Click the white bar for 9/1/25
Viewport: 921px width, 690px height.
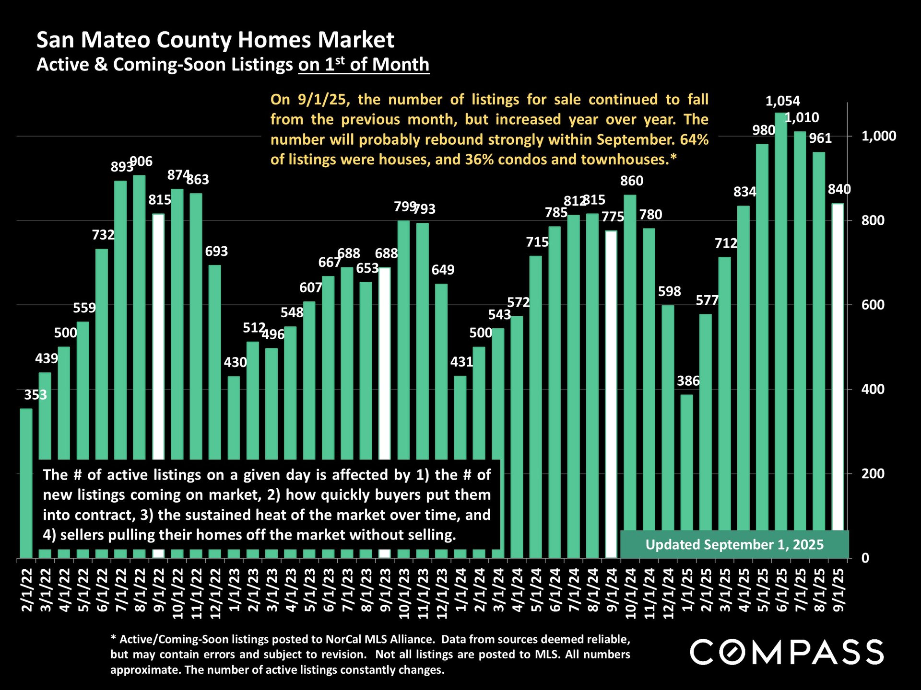[838, 364]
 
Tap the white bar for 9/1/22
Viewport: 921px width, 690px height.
[158, 335]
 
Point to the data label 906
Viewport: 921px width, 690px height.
[142, 161]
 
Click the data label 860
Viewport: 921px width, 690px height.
[631, 181]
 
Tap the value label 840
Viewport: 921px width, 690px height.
[839, 189]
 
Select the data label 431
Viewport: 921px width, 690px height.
[461, 362]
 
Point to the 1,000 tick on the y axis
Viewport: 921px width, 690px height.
[878, 136]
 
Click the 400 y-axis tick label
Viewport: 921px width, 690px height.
[873, 389]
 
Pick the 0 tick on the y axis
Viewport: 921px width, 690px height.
[865, 558]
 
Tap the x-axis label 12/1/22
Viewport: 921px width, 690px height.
[216, 593]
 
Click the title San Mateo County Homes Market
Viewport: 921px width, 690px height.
[215, 40]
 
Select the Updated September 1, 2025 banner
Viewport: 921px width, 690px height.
[734, 545]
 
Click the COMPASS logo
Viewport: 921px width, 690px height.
[787, 652]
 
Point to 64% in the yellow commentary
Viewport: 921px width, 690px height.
[694, 139]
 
